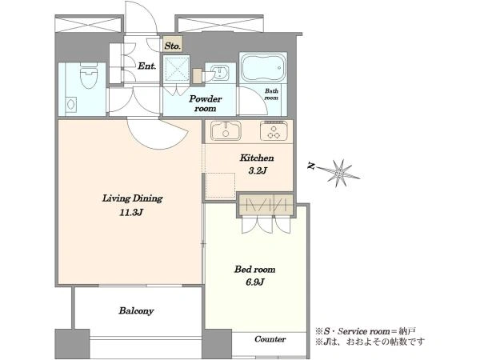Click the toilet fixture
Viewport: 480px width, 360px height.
(89, 75)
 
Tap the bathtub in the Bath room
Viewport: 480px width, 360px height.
(263, 68)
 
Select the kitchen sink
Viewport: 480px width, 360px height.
(226, 130)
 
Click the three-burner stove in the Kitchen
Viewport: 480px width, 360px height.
(274, 130)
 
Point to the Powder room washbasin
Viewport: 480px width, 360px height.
(219, 73)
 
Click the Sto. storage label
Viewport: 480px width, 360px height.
(172, 46)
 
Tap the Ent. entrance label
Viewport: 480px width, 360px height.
(147, 66)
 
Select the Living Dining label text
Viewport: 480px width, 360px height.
(132, 198)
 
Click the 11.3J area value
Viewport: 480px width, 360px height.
(131, 213)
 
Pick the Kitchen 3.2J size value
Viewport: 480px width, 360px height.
(257, 170)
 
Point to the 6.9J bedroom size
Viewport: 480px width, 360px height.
(254, 282)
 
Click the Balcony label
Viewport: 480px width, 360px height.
(136, 311)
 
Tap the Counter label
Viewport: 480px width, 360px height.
(270, 339)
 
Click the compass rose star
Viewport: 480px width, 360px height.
(340, 174)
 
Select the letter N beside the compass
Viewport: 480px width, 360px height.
(311, 166)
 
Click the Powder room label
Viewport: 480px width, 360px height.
(205, 103)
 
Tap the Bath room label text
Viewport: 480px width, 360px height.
(271, 94)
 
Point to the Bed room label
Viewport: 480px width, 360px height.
(254, 270)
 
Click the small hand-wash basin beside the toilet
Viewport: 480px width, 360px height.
(71, 105)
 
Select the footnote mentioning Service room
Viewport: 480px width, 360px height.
(366, 331)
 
